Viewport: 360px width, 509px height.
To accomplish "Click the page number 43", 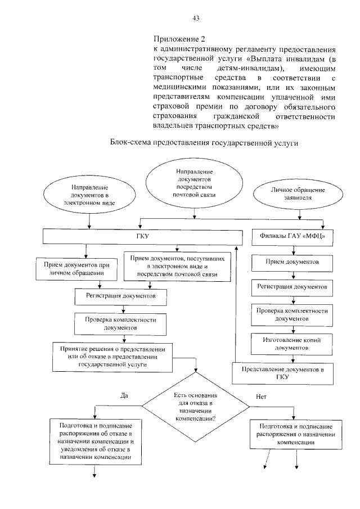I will pos(196,19).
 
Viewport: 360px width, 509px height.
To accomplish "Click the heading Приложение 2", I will pos(179,39).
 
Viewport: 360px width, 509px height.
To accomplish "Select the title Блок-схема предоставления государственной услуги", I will pos(203,143).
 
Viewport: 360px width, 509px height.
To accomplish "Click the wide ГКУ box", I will pos(142,237).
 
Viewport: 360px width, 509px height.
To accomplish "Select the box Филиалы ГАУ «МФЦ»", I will pos(292,237).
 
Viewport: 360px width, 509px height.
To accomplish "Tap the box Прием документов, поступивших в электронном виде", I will pos(178,266).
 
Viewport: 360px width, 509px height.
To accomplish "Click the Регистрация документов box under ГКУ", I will pos(120,295).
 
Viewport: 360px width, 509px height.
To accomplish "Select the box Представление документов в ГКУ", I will pos(283,372).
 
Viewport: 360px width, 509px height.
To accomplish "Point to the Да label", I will pos(124,395).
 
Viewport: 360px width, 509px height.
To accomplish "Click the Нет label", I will pos(260,397).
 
